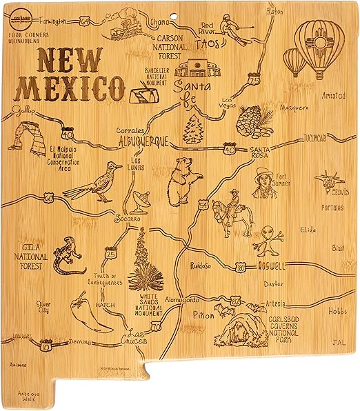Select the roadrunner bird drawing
(94, 183)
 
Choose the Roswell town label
(268, 265)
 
